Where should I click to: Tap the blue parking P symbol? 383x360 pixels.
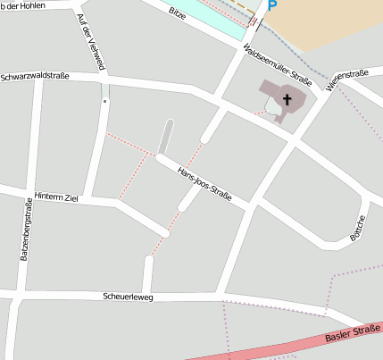pos(271,5)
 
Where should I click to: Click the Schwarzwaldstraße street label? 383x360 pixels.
pos(35,77)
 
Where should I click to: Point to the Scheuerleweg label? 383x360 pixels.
pos(128,296)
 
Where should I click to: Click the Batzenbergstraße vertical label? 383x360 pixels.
pos(26,230)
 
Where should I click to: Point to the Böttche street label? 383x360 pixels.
pos(358,228)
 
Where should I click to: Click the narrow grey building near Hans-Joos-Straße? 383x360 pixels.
pos(166,137)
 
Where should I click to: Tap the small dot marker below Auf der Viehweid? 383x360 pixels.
pos(104,102)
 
